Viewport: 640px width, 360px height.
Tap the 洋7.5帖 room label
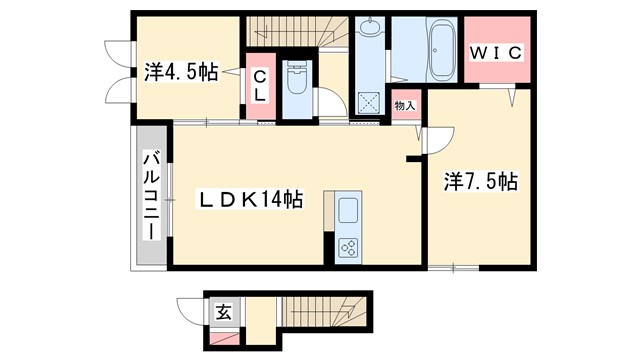point(480,182)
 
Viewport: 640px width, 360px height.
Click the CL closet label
point(258,85)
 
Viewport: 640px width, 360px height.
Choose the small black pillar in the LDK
point(411,157)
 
